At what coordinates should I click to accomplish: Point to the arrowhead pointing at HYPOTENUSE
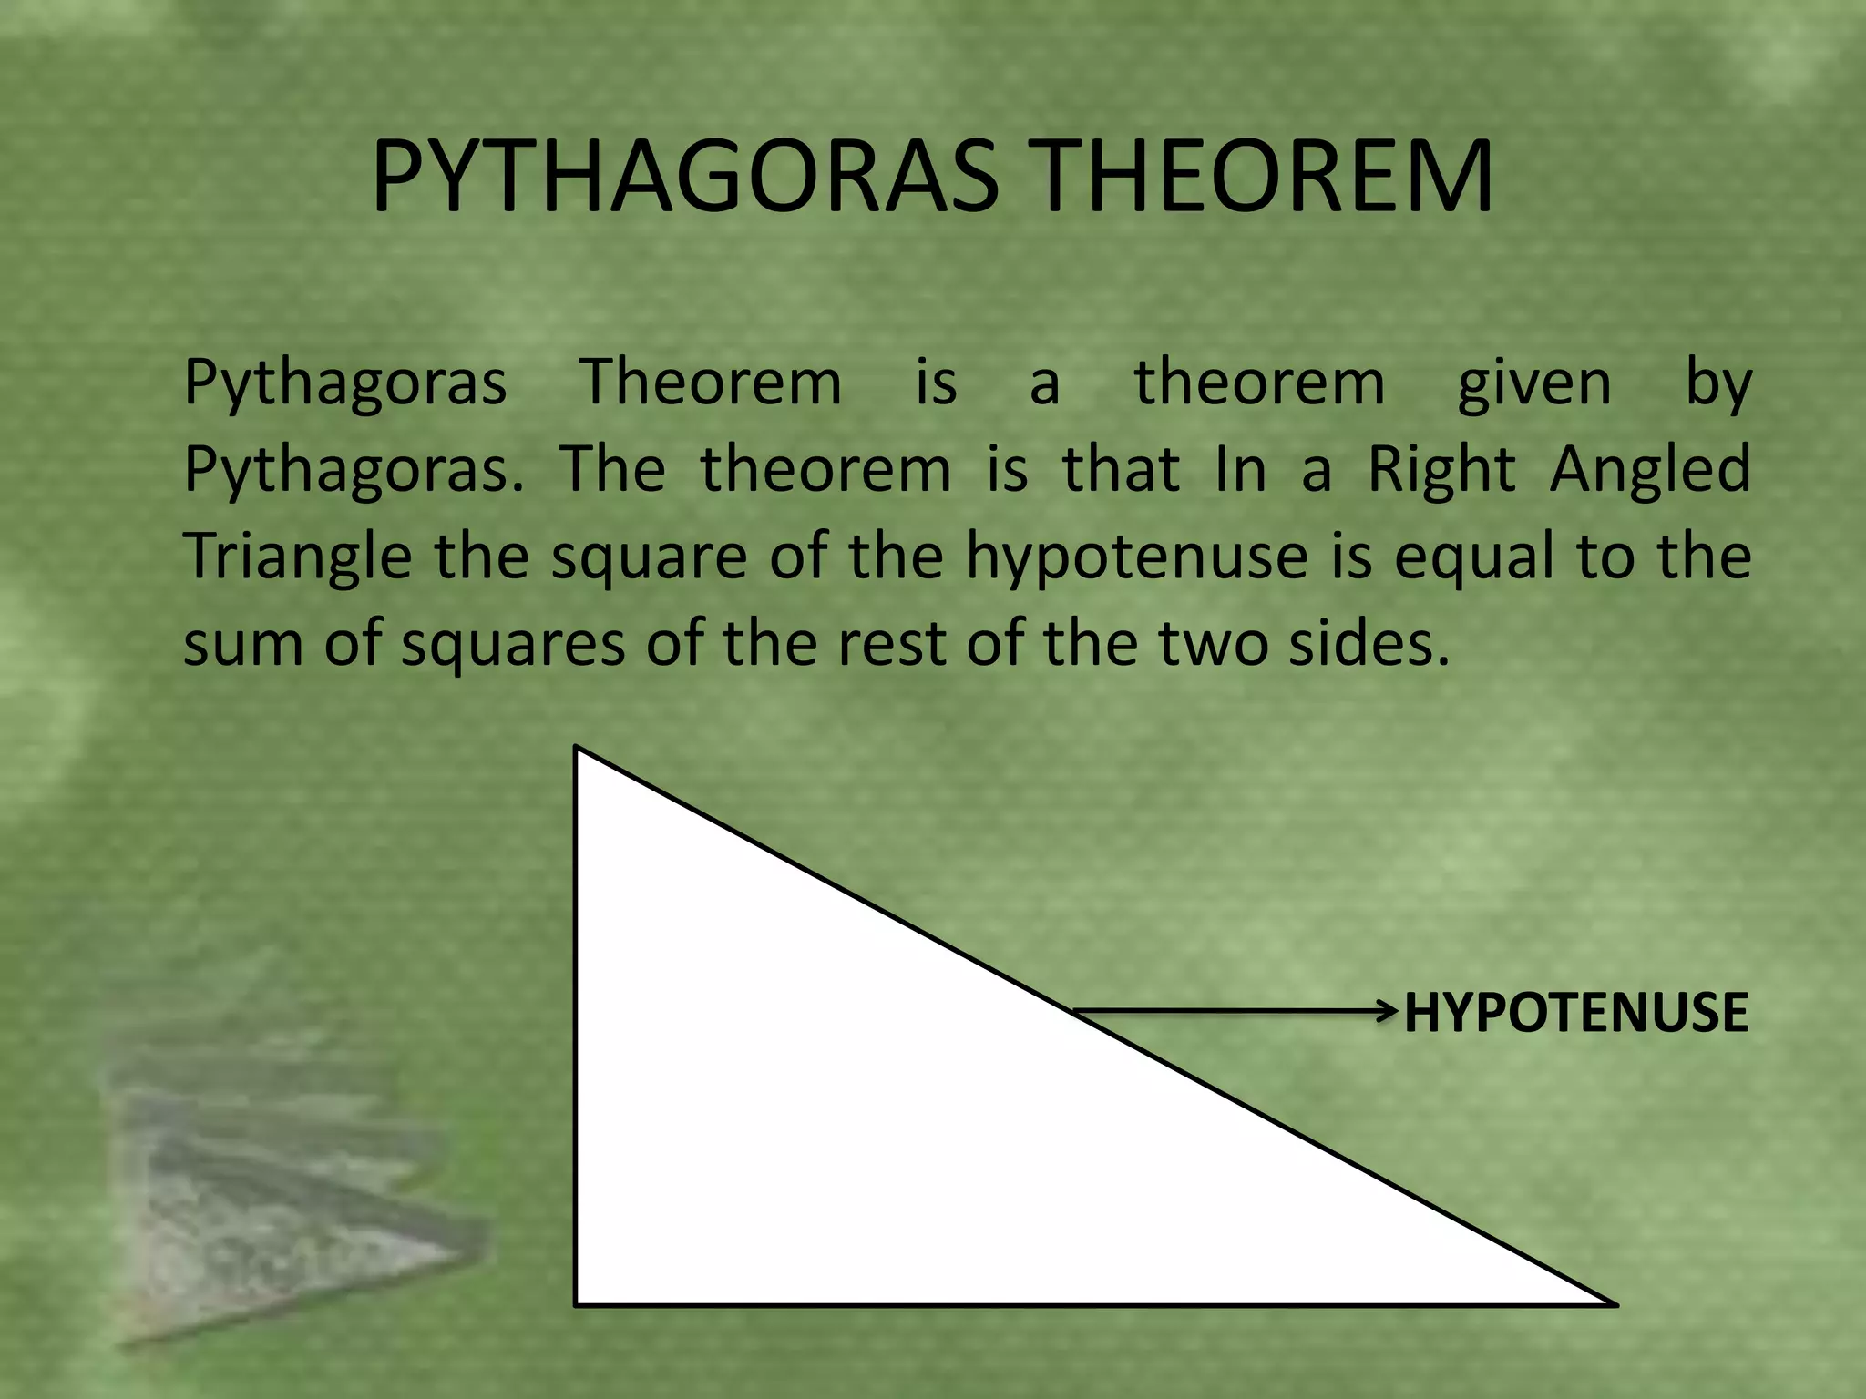tap(1388, 1010)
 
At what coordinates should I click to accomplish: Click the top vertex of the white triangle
tap(577, 749)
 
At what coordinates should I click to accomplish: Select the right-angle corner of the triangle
tap(577, 1303)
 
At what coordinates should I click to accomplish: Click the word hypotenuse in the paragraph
tap(1136, 558)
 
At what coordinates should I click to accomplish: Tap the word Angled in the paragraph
tap(1650, 470)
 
